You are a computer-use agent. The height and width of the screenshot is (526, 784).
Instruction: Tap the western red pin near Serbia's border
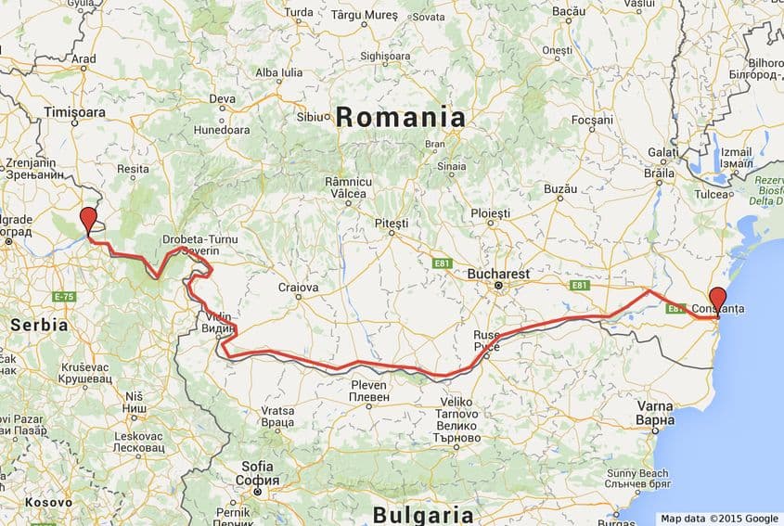tap(88, 221)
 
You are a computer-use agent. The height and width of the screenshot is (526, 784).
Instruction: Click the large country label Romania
tap(400, 118)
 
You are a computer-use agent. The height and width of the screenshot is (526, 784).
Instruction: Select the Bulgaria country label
tap(422, 515)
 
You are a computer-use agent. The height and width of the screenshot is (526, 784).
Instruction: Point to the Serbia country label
tap(39, 326)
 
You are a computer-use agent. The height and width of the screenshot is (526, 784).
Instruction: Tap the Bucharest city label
tap(498, 275)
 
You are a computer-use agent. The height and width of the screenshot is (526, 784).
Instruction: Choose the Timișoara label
tap(74, 111)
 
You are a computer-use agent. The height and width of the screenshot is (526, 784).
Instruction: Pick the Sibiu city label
tap(310, 117)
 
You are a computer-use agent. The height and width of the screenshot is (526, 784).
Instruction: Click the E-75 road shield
tap(64, 297)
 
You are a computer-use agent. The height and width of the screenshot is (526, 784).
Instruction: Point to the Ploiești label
tap(490, 212)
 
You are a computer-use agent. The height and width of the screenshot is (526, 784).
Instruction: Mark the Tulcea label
tap(714, 194)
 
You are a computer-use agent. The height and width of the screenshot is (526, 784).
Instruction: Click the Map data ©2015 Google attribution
tap(719, 519)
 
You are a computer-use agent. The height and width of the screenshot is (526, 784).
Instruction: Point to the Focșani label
tap(592, 121)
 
